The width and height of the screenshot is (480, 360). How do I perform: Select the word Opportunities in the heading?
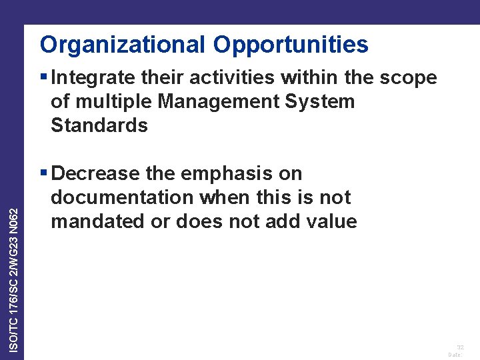291,45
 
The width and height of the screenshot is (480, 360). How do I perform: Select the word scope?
408,78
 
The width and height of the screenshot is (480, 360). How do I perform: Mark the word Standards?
99,125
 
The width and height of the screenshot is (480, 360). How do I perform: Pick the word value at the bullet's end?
330,221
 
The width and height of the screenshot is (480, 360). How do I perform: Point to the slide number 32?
459,347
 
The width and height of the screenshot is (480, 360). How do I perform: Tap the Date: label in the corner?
455,355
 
